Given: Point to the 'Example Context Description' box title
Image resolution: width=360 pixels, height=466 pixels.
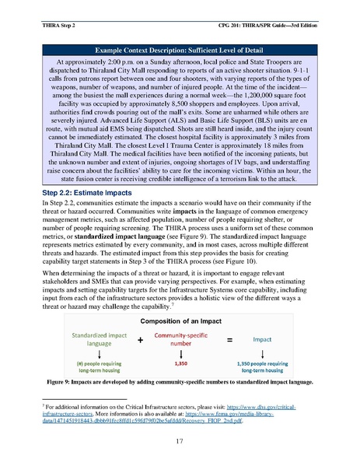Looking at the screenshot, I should click(180, 48).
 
